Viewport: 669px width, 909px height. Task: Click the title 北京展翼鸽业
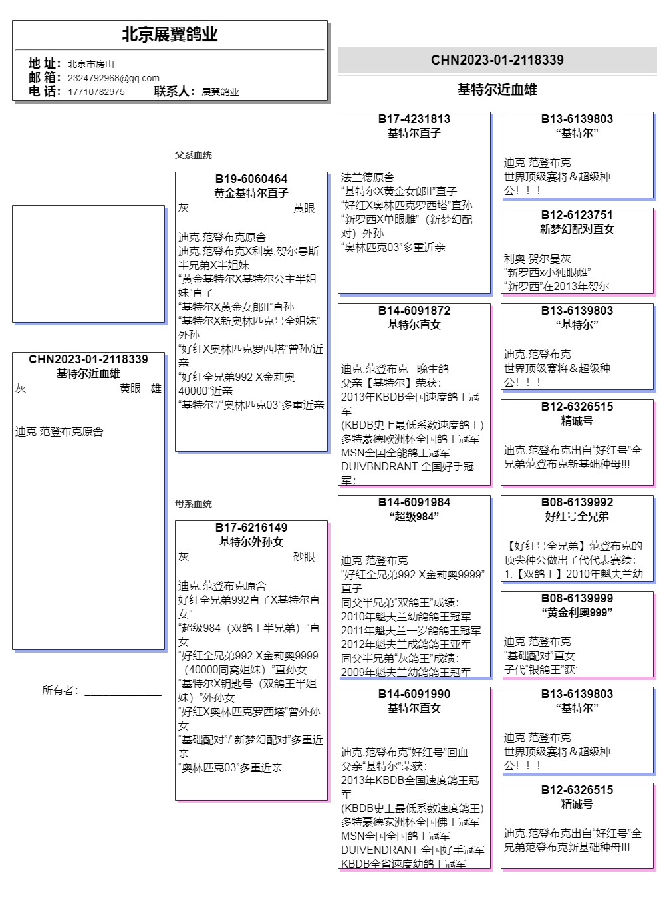click(170, 35)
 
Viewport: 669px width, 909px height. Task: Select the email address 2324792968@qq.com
click(113, 78)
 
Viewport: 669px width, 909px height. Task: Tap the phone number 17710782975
click(96, 92)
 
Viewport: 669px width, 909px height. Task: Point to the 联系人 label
click(174, 91)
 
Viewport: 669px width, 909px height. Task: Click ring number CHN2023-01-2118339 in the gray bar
click(497, 60)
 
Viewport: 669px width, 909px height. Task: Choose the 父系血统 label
click(193, 155)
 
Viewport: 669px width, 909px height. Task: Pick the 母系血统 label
click(193, 504)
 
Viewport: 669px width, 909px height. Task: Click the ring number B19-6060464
click(251, 179)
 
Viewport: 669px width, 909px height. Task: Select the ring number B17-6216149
click(251, 528)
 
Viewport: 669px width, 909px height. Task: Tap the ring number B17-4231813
click(414, 119)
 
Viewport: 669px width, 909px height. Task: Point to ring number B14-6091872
click(414, 311)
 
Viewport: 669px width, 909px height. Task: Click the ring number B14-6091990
click(414, 694)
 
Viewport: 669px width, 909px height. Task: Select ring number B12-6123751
click(577, 215)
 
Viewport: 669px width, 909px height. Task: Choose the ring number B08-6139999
click(577, 598)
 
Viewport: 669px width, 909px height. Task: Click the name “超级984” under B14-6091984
click(414, 516)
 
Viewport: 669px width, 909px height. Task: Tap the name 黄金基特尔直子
click(251, 193)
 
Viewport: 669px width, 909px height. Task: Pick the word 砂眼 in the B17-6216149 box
click(304, 556)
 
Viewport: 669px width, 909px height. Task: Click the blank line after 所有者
click(123, 691)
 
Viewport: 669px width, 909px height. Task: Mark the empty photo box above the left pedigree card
click(88, 264)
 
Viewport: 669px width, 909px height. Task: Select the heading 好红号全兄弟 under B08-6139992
click(577, 516)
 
